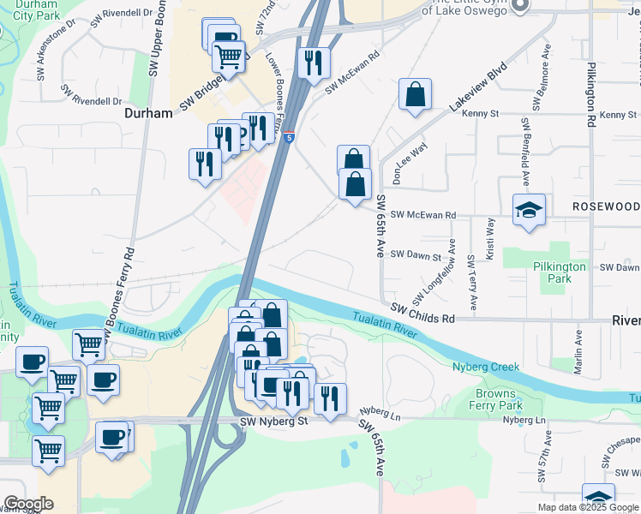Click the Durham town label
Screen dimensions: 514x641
click(148, 112)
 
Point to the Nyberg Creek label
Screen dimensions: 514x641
click(486, 367)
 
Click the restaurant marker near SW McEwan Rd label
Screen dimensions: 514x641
click(314, 63)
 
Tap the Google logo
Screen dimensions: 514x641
click(28, 504)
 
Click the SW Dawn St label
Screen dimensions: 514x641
click(415, 255)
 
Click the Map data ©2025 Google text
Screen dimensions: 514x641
click(587, 507)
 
